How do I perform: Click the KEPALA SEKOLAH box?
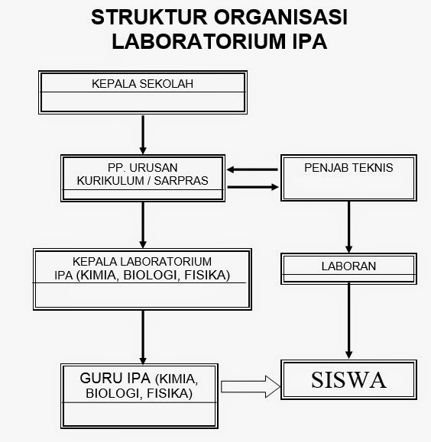[x=142, y=92]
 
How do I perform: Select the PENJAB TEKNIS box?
[x=349, y=178]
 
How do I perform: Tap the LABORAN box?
[x=349, y=266]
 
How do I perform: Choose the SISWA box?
[x=349, y=379]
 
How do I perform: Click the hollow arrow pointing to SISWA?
[x=251, y=387]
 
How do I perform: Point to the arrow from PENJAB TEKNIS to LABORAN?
[x=349, y=227]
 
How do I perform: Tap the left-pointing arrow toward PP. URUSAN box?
[x=253, y=169]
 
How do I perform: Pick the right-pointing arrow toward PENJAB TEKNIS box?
[x=253, y=187]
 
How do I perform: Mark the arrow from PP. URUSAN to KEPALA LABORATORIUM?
[x=143, y=224]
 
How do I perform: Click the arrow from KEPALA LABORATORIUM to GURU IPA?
[x=143, y=336]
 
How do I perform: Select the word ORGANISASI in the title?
[x=283, y=18]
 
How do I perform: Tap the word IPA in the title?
[x=306, y=41]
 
